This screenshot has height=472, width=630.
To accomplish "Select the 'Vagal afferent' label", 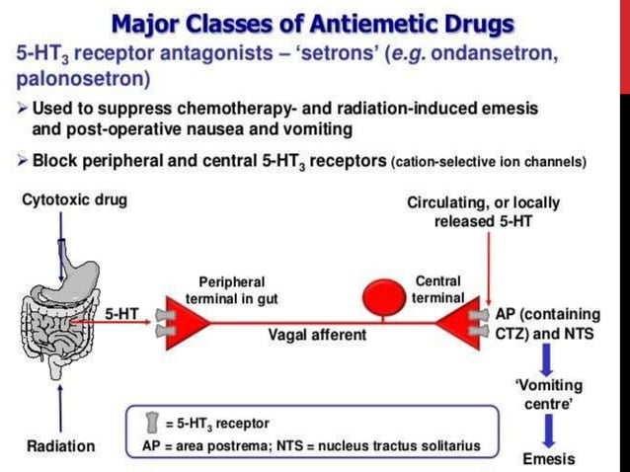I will pyautogui.click(x=317, y=335).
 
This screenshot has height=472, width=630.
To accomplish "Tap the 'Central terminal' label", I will pyautogui.click(x=438, y=288).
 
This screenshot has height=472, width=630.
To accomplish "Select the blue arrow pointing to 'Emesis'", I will pyautogui.click(x=549, y=431).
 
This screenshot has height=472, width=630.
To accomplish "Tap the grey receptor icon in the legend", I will pyautogui.click(x=152, y=424).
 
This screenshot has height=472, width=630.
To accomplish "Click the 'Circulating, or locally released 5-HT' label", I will pyautogui.click(x=483, y=211).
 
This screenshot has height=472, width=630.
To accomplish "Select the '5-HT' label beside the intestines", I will pyautogui.click(x=121, y=314).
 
